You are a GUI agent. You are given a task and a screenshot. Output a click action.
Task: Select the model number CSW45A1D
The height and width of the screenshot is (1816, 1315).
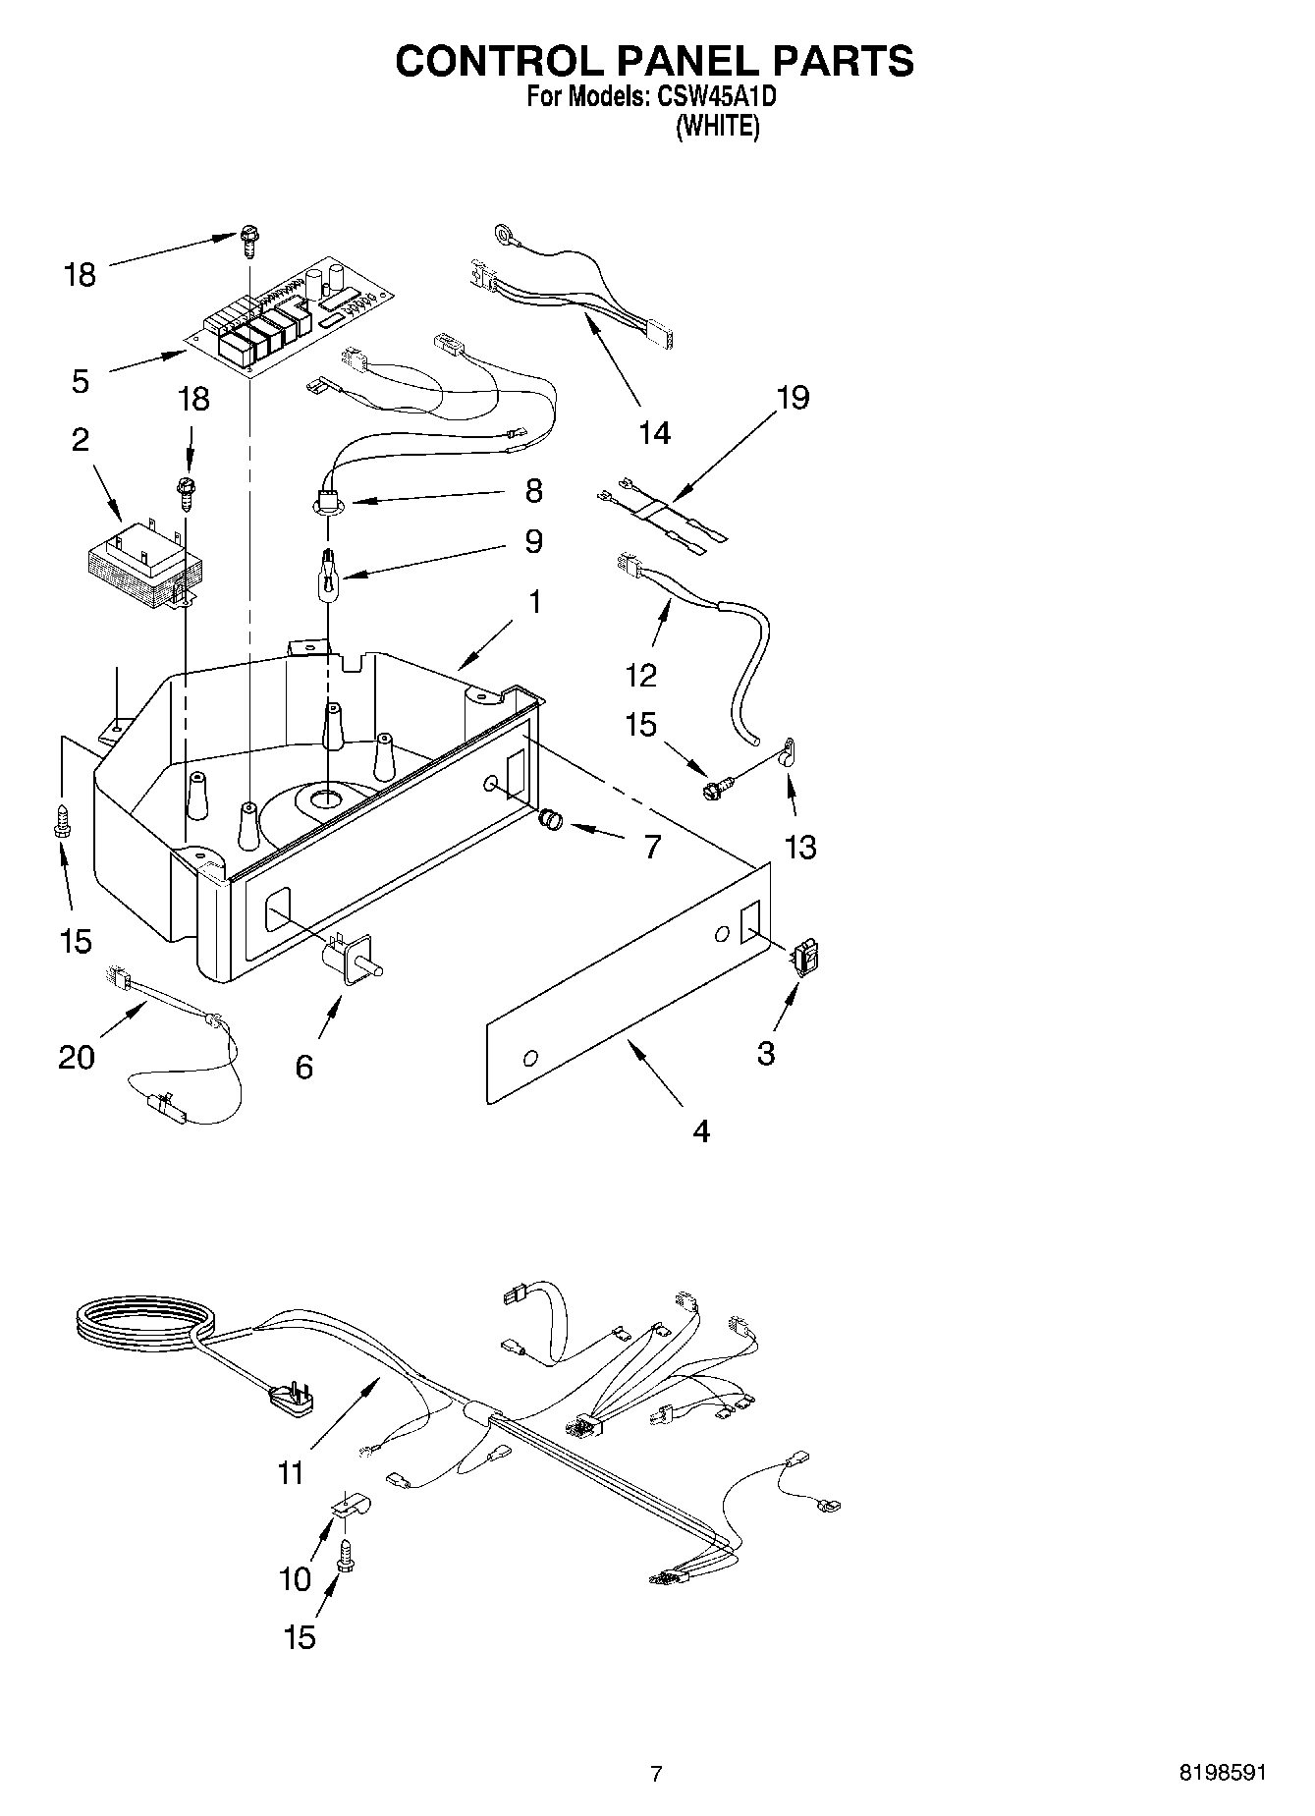coord(719,97)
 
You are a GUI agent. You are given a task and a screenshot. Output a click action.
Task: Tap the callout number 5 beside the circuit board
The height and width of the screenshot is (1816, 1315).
coord(81,382)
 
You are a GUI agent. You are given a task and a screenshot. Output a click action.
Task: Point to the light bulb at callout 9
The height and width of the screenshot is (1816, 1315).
coord(326,572)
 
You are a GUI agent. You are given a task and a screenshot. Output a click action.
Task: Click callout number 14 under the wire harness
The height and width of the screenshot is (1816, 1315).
coord(655,432)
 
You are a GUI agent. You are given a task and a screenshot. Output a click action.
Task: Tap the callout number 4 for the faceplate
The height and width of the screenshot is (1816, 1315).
coord(700,1131)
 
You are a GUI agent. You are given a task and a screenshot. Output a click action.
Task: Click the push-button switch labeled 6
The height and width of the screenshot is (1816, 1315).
coord(350,961)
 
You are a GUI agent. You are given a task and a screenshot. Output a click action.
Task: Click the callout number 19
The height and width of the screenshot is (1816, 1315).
coord(793,398)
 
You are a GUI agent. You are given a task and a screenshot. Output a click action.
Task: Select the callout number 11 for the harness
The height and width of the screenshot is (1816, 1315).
coord(292,1473)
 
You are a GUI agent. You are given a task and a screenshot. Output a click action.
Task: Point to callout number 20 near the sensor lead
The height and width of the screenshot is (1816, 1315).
coord(77,1057)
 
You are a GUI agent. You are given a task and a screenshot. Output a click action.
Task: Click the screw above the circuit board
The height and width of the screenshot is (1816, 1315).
coord(247,239)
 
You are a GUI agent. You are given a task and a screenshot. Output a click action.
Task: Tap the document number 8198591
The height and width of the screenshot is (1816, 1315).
coord(1223,1773)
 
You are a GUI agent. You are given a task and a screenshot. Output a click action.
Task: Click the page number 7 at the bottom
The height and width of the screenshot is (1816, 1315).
coord(656,1773)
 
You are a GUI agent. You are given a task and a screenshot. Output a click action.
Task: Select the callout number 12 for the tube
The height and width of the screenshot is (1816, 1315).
coord(641,675)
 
